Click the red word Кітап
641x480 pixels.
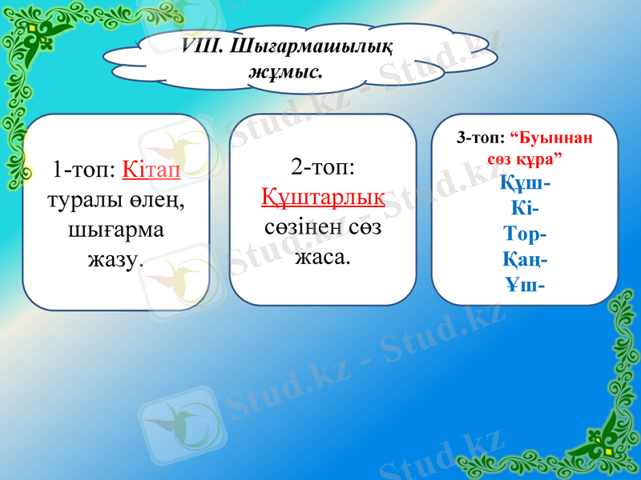[x=152, y=170]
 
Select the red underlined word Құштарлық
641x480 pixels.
[x=323, y=198]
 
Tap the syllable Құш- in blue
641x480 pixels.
[x=525, y=183]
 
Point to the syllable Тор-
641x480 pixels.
[x=525, y=234]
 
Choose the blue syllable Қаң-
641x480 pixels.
[x=525, y=260]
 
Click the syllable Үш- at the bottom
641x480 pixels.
[x=525, y=285]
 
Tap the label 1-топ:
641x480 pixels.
[x=85, y=170]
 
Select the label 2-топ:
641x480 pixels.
[x=323, y=168]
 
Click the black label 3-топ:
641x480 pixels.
[x=480, y=138]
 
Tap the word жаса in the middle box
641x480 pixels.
[x=320, y=258]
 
